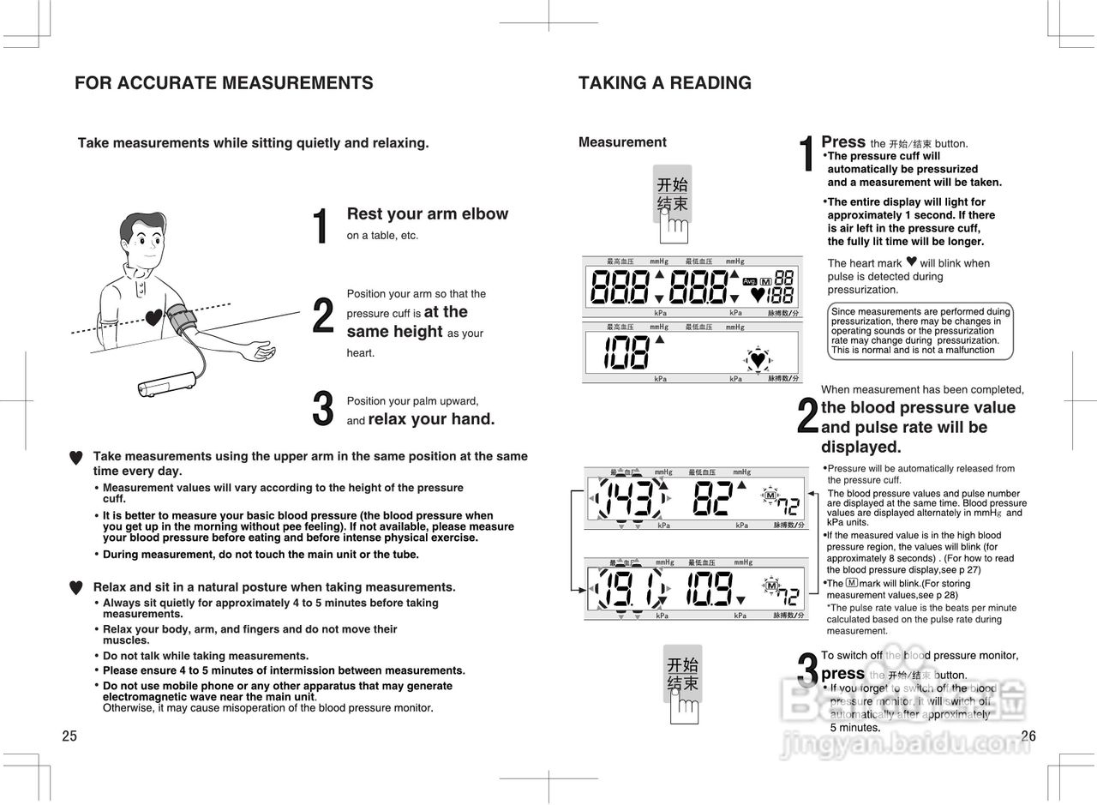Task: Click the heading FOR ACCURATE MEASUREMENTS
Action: (x=224, y=83)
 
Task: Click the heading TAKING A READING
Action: (x=664, y=83)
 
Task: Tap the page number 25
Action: (x=69, y=736)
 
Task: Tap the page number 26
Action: (x=1028, y=736)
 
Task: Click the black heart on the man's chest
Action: (x=153, y=318)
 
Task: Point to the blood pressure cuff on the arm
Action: (x=182, y=319)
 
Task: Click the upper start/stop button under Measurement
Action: (x=672, y=194)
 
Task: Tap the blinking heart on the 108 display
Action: (x=758, y=359)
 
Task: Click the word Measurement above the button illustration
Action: (x=622, y=142)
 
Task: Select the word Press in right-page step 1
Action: (x=843, y=141)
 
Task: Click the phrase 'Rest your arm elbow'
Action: (x=427, y=213)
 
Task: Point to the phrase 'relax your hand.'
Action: (x=431, y=419)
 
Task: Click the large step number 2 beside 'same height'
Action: (x=322, y=315)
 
